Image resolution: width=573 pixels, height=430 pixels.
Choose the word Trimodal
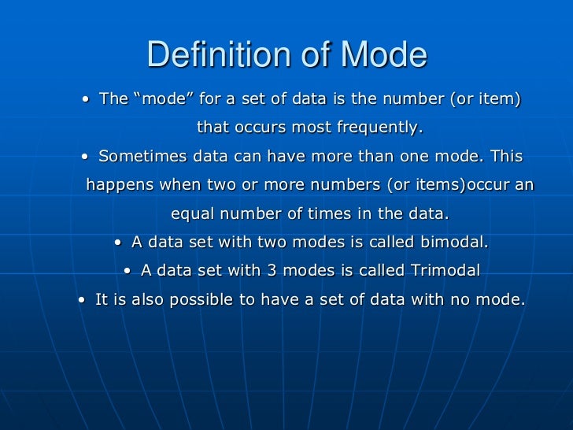[445, 271]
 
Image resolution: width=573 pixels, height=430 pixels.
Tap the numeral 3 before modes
[271, 271]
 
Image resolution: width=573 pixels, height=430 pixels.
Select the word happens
[119, 186]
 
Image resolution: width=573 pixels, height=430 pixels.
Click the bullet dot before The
[85, 101]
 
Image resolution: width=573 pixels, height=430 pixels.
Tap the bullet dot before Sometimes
[84, 158]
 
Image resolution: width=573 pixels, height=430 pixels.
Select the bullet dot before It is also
[83, 300]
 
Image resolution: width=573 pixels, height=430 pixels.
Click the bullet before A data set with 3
[129, 272]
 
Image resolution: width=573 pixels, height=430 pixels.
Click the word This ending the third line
[505, 157]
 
